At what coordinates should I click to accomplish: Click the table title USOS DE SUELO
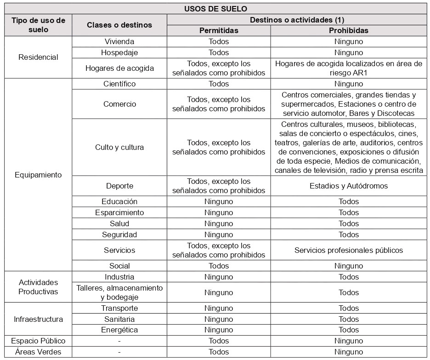[x=215, y=9]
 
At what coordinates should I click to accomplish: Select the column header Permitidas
[x=219, y=31]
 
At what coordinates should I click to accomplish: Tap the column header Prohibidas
[x=349, y=31]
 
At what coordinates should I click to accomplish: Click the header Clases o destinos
[x=119, y=25]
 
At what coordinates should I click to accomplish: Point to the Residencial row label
[x=38, y=57]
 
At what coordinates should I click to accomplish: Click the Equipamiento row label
[x=38, y=175]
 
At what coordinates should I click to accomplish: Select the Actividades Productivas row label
[x=38, y=287]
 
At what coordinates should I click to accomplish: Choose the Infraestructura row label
[x=38, y=319]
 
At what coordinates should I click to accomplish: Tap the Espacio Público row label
[x=38, y=341]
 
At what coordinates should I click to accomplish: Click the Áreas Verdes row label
[x=38, y=352]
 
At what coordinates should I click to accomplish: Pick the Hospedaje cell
[x=119, y=52]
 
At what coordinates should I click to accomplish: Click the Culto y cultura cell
[x=119, y=147]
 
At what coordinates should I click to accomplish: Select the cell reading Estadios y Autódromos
[x=349, y=186]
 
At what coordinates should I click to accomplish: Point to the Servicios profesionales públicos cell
[x=349, y=250]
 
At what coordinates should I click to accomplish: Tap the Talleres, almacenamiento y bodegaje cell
[x=119, y=292]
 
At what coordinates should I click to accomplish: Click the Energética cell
[x=119, y=330]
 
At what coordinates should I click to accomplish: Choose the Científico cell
[x=119, y=84]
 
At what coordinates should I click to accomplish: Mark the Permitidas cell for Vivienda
[x=219, y=41]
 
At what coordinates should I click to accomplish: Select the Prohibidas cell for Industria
[x=349, y=277]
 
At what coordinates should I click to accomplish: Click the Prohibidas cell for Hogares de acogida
[x=349, y=68]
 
